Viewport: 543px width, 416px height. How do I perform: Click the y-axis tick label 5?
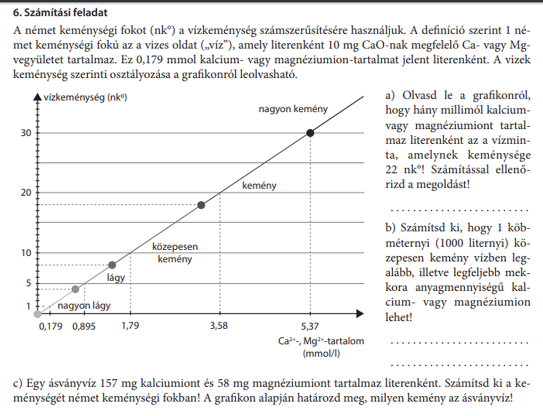point(28,282)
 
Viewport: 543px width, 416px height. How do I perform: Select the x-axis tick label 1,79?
point(131,326)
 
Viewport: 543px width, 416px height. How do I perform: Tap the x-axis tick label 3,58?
point(220,326)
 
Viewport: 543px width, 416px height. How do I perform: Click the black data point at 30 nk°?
point(310,133)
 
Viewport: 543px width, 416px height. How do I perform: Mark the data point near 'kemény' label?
point(201,205)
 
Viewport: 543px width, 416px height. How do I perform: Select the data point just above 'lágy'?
point(112,265)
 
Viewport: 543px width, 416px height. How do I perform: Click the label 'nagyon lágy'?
point(84,306)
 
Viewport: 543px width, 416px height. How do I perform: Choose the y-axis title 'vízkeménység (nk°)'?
point(85,97)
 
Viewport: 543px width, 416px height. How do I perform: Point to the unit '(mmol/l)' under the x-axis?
point(321,353)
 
